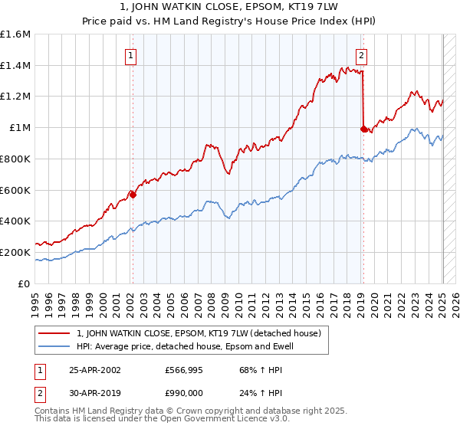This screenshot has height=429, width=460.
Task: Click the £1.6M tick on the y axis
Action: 15,34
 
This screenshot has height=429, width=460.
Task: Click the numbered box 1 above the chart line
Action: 132,55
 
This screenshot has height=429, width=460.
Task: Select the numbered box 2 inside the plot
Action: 361,55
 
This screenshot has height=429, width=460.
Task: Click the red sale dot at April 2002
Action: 133,195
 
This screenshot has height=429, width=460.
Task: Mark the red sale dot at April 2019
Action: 363,129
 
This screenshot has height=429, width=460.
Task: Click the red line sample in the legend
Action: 54,333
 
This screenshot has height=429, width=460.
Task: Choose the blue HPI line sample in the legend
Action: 54,346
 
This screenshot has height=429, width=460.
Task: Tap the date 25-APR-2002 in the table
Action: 94,370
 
